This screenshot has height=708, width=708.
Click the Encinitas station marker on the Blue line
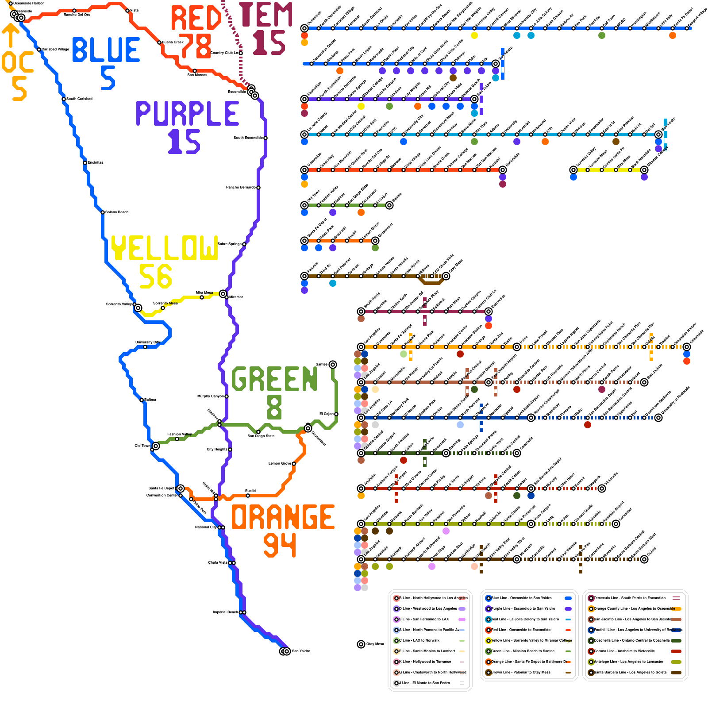tap(85, 163)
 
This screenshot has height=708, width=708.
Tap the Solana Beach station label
tap(116, 212)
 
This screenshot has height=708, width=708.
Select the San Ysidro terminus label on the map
tap(301, 651)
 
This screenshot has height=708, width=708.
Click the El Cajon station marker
tap(336, 414)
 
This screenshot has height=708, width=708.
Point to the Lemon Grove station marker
tap(294, 464)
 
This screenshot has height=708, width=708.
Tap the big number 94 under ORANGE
tap(280, 545)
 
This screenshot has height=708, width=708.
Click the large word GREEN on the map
tap(274, 379)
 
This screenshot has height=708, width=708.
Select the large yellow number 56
tap(155, 277)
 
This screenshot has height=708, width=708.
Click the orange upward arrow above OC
tap(11, 35)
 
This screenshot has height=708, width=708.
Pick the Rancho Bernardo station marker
tap(258, 188)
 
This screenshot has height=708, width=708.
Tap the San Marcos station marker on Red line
tap(195, 71)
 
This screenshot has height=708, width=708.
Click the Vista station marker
tap(127, 11)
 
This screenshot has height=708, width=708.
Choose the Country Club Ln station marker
tap(241, 53)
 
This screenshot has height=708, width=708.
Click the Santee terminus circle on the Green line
tap(333, 365)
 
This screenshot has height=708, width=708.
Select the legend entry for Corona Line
tap(624, 651)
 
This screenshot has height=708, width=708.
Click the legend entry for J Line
tap(425, 683)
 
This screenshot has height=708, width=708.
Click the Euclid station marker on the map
tap(248, 496)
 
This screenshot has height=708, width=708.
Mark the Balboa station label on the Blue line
tap(150, 400)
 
